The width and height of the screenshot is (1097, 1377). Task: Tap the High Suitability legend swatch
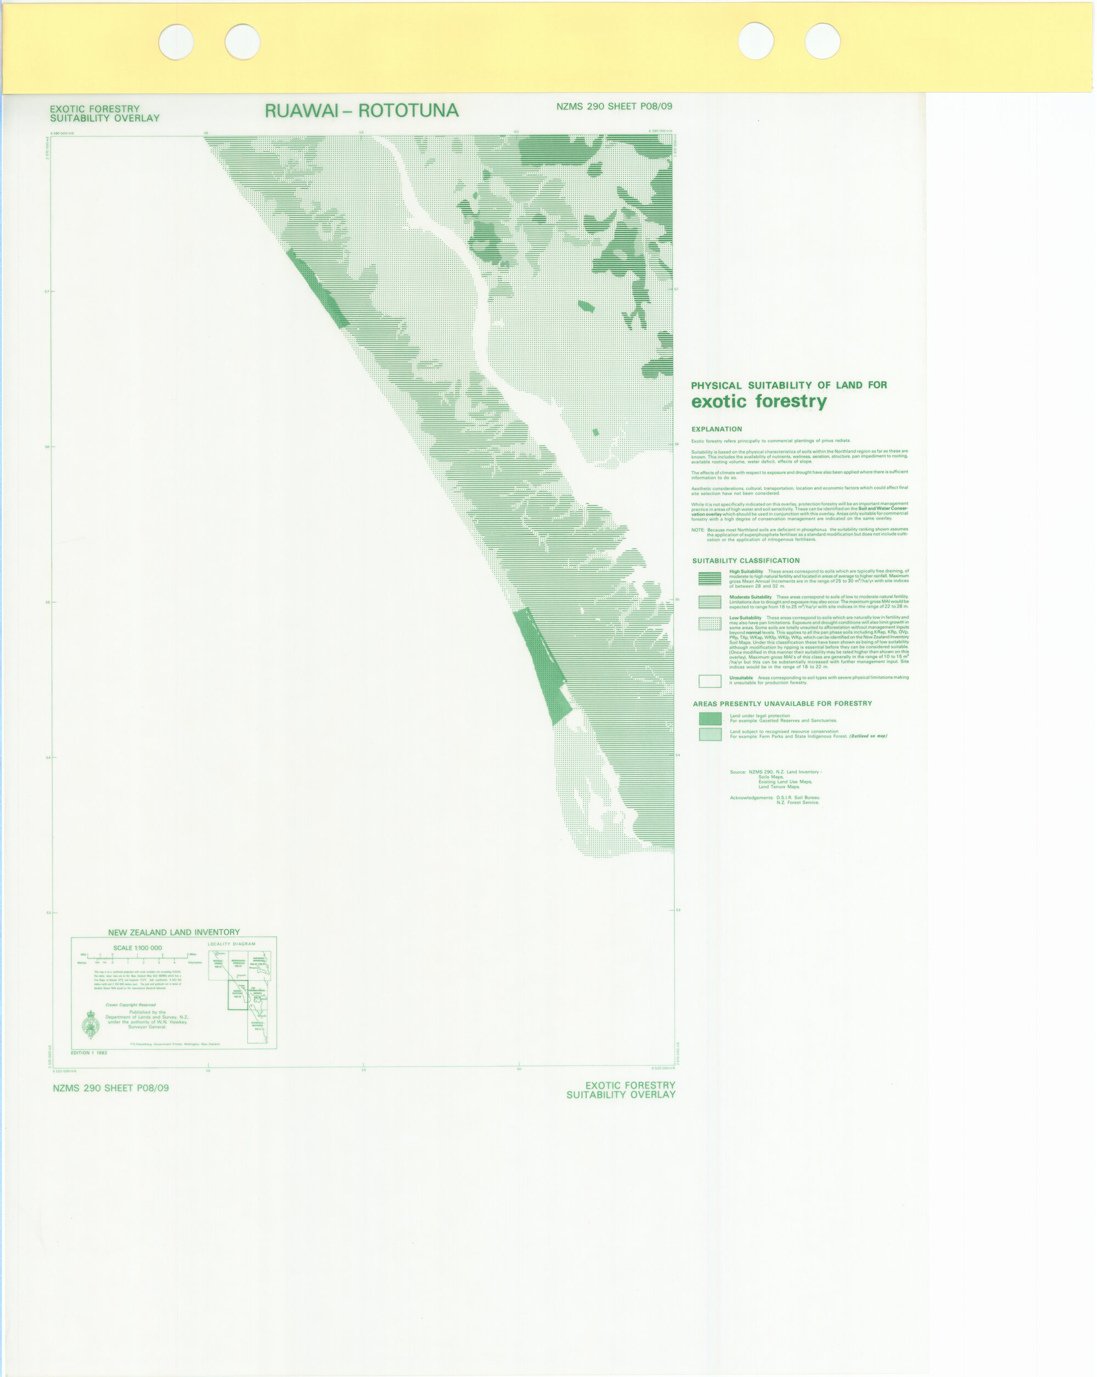click(x=709, y=578)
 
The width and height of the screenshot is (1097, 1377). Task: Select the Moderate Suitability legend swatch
click(x=709, y=602)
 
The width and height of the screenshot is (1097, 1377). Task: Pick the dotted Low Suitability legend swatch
click(x=709, y=623)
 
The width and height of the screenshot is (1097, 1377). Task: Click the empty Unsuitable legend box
click(x=709, y=681)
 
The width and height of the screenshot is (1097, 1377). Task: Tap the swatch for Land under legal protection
click(x=710, y=719)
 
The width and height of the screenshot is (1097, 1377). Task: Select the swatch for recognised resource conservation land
click(x=710, y=735)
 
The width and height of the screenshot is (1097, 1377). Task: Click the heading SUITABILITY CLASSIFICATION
click(x=746, y=561)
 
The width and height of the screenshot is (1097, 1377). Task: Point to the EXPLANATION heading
click(x=716, y=429)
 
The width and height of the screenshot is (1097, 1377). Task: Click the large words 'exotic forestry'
click(x=758, y=401)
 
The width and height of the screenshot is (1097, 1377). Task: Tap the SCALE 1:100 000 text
click(x=137, y=948)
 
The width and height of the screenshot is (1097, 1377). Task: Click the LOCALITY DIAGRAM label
click(x=231, y=944)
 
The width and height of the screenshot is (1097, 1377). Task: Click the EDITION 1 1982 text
click(x=89, y=1053)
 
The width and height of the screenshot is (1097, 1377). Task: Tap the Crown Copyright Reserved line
click(x=131, y=1004)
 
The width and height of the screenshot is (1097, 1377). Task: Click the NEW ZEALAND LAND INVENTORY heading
click(x=174, y=933)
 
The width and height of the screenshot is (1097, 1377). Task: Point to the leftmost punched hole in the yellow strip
click(x=176, y=42)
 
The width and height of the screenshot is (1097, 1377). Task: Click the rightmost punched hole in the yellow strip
click(x=822, y=42)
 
